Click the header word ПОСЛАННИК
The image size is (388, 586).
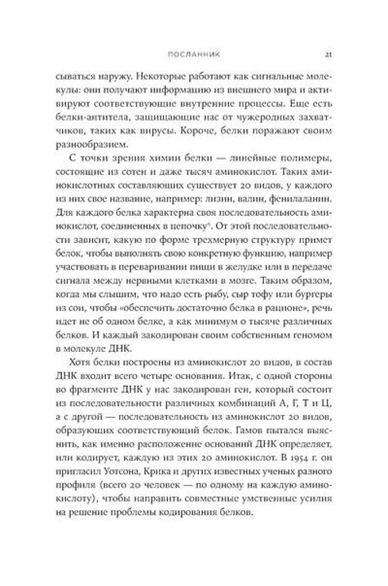(x=193, y=55)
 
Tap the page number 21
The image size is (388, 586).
(x=328, y=55)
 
